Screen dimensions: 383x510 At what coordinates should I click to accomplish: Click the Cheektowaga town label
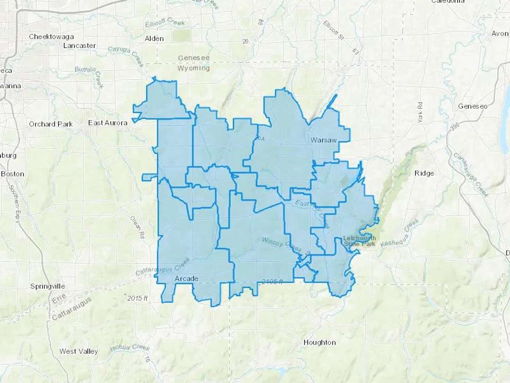point(51,37)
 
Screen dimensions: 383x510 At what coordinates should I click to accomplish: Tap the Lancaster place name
point(79,46)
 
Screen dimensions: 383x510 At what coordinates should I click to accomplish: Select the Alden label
point(154,39)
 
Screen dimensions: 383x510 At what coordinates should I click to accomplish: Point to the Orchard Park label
point(51,124)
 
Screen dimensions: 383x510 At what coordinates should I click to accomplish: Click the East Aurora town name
point(108,123)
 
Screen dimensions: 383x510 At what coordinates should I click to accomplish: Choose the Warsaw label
point(323,140)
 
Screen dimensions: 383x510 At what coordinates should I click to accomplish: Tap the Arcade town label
point(186,279)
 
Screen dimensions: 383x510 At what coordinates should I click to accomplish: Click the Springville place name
point(48,286)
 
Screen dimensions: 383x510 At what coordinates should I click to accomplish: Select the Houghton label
point(320,342)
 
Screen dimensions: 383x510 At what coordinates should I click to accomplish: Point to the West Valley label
point(78,351)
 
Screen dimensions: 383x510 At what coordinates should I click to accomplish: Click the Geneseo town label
point(473,106)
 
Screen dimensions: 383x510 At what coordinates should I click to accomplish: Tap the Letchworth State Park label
point(360,241)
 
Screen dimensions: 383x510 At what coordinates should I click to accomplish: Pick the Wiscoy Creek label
point(281,244)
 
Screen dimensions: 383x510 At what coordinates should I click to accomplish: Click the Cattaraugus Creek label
point(163,267)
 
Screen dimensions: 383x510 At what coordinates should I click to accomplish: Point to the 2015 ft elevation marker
point(137,298)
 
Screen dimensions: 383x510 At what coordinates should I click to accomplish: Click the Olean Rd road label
point(137,227)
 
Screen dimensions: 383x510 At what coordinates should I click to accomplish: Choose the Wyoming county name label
point(194,68)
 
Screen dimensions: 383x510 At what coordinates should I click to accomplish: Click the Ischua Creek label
point(129,347)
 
